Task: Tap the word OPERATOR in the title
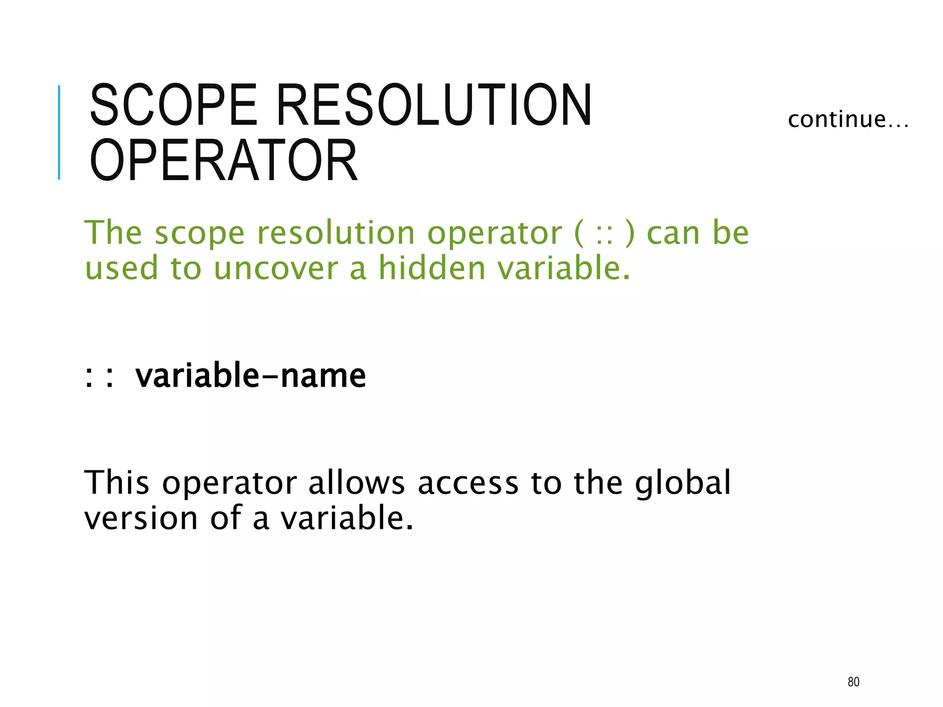(224, 160)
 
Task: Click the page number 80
(853, 682)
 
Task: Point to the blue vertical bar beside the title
(59, 132)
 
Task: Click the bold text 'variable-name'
(250, 376)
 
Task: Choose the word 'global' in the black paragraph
(683, 483)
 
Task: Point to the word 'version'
(141, 519)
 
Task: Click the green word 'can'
(673, 234)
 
